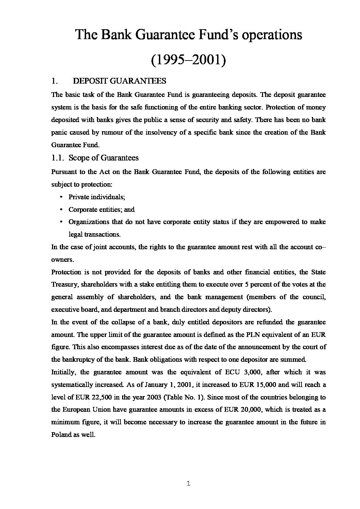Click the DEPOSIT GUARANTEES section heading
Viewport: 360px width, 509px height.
click(119, 81)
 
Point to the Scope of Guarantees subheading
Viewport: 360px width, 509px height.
click(103, 158)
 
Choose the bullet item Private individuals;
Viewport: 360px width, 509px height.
click(97, 197)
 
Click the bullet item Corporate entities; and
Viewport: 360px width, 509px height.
click(101, 209)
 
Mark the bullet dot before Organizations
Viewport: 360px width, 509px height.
click(61, 222)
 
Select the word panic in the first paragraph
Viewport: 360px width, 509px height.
click(59, 132)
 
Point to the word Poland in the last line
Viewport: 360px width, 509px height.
click(61, 435)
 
